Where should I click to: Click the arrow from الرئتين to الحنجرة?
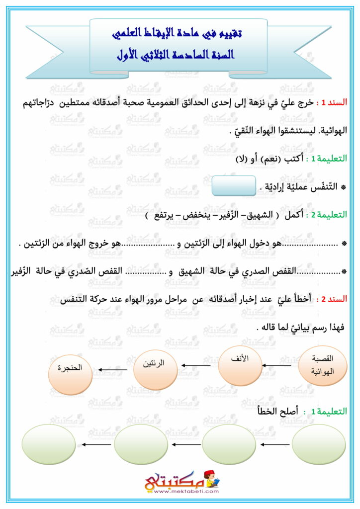pos(112,369)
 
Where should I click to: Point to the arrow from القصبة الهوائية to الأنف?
pos(279,365)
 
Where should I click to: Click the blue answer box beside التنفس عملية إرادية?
pos(234,186)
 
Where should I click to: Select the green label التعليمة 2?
pos(329,215)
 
